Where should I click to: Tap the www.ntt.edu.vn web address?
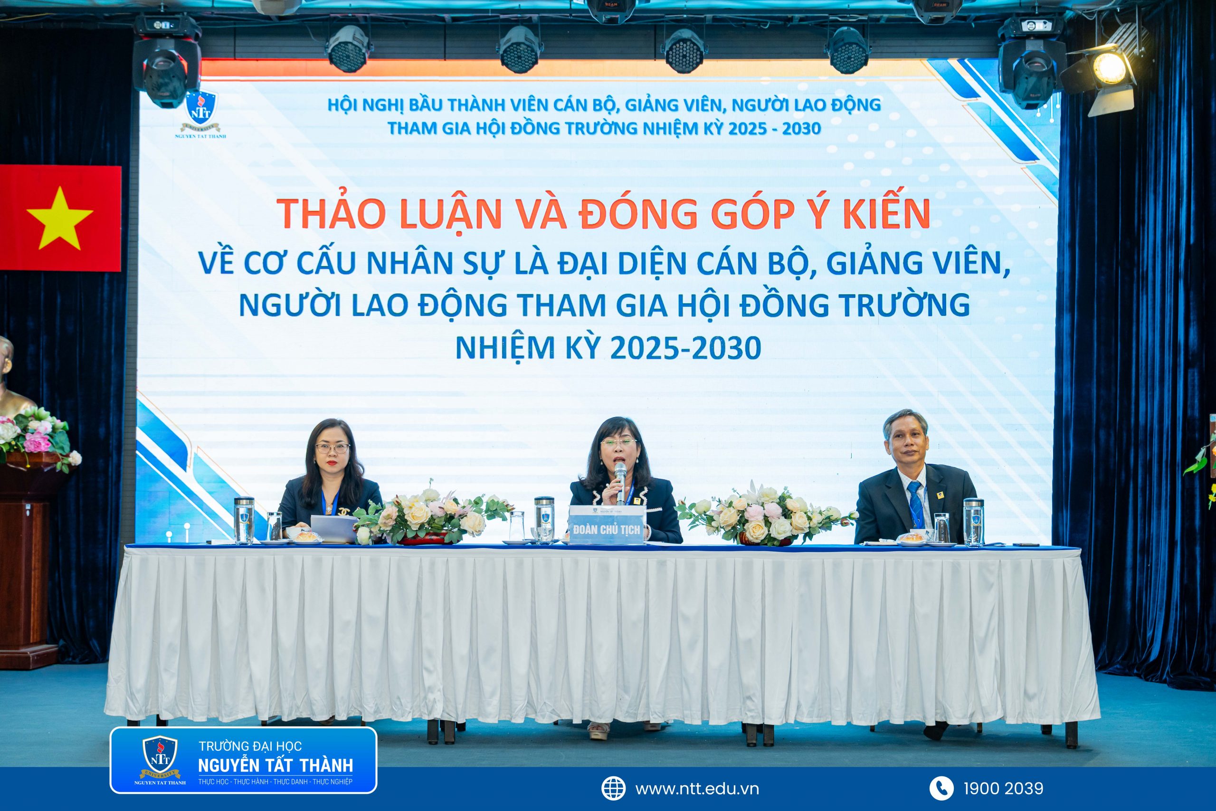coord(697,789)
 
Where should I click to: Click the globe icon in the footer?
coord(614,789)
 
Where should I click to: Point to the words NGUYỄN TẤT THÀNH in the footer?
coord(275,766)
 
